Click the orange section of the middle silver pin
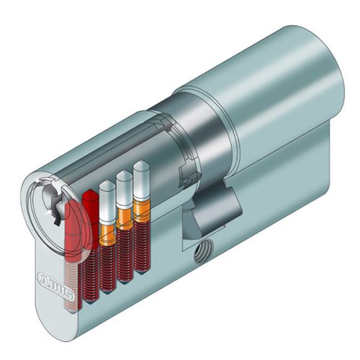tap(125, 219)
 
